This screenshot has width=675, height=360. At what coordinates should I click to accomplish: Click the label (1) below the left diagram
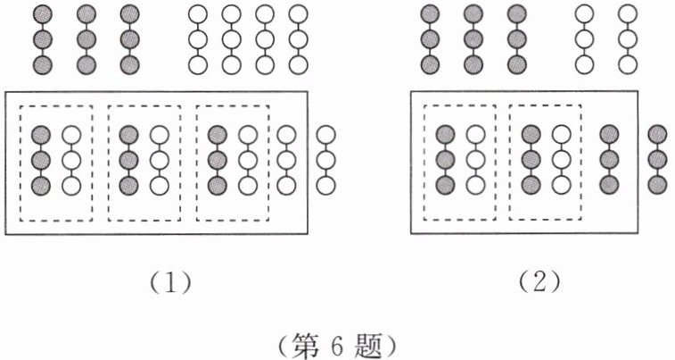(168, 283)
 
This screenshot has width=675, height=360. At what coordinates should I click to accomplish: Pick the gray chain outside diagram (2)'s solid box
(658, 161)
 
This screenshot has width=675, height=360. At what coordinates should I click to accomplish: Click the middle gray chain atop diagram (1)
(86, 40)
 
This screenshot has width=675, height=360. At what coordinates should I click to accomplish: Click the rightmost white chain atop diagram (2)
(630, 40)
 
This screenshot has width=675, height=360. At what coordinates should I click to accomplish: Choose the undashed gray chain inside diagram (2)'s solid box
(611, 161)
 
